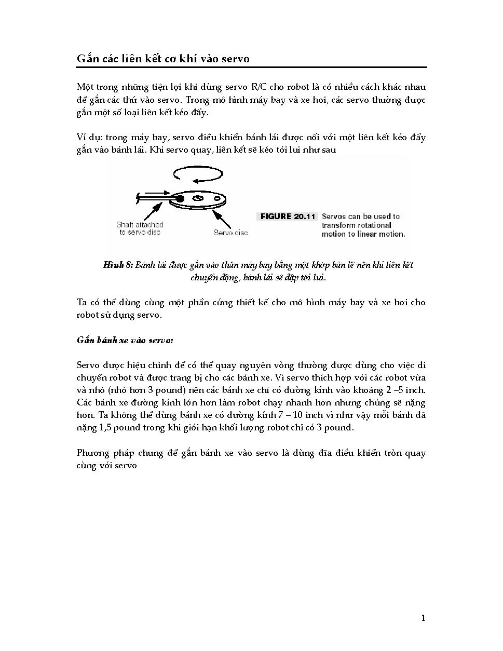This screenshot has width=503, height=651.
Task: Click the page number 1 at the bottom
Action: click(423, 618)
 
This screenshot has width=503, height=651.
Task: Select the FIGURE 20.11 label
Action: click(288, 216)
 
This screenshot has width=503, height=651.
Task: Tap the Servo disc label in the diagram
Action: click(230, 233)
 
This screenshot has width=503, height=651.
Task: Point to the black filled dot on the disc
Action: click(179, 199)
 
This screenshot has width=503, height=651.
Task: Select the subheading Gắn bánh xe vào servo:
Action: click(125, 341)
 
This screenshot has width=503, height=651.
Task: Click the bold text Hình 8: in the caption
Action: click(118, 265)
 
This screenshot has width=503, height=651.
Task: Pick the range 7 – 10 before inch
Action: click(287, 415)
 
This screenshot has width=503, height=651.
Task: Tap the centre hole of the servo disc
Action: click(197, 198)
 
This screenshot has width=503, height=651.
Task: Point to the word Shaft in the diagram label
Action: click(125, 225)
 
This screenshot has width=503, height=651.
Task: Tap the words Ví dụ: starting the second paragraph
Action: click(88, 138)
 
